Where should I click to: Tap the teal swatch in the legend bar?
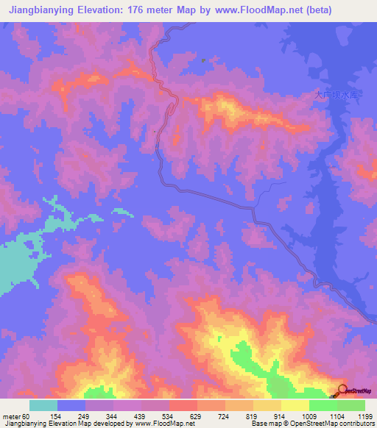coord(43,405)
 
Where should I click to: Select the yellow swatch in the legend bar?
coord(295,405)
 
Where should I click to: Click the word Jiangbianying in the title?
coord(42,10)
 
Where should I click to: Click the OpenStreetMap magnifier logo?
coord(343,390)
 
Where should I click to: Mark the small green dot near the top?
coord(203,61)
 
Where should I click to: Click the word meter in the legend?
coord(13,416)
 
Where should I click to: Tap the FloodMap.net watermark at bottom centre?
coord(157,391)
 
